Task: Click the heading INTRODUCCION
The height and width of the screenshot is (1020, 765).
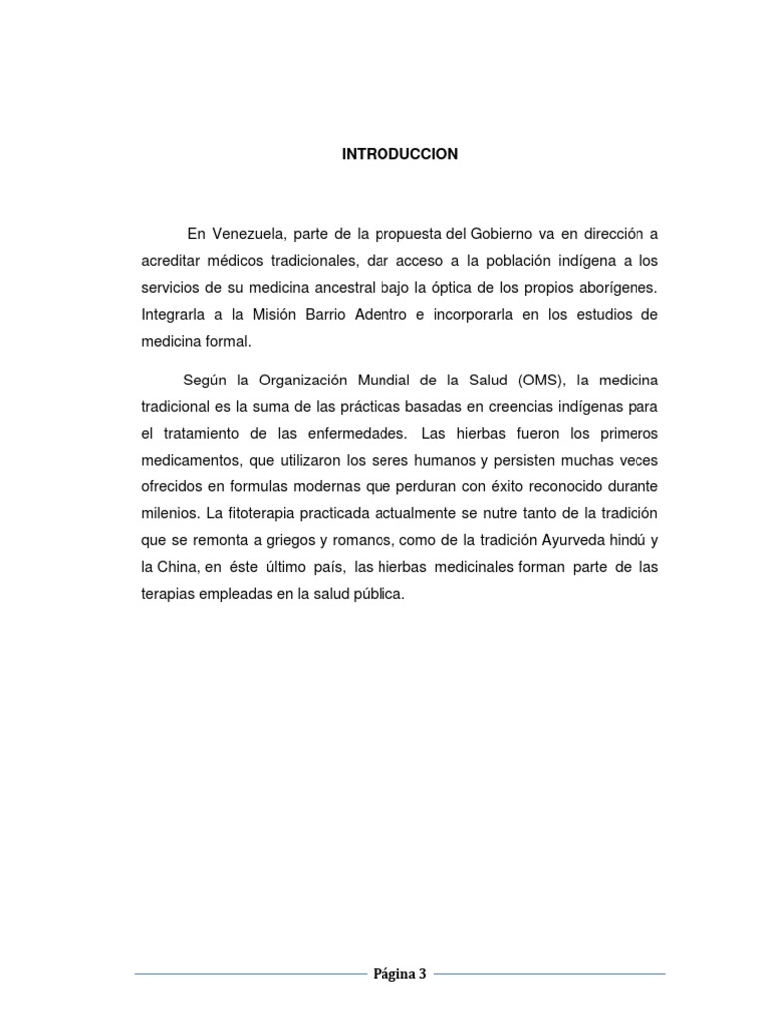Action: point(399,154)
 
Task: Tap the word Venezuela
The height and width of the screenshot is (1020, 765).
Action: point(248,234)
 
